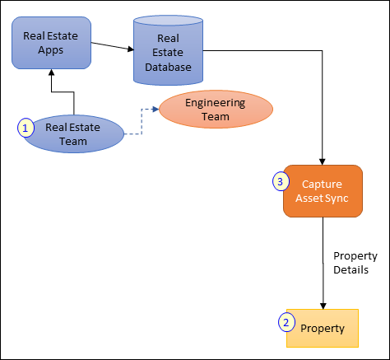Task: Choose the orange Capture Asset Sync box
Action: [323, 191]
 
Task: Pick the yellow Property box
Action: [323, 327]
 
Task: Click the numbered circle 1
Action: [26, 128]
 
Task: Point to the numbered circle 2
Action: [286, 322]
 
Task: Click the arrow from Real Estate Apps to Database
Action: [111, 46]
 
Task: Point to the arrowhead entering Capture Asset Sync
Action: [323, 160]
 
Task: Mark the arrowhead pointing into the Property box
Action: [323, 304]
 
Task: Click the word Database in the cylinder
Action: [169, 67]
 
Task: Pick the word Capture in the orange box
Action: [323, 184]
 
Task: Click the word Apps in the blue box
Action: [51, 51]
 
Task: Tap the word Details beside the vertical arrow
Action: [351, 269]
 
